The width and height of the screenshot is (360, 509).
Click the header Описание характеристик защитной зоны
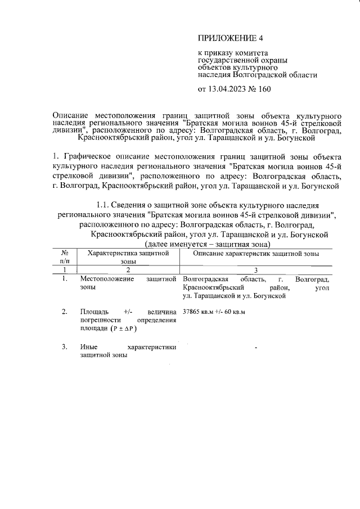tap(256, 254)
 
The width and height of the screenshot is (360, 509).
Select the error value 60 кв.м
tap(236, 311)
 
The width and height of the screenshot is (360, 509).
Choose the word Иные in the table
tap(89, 347)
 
